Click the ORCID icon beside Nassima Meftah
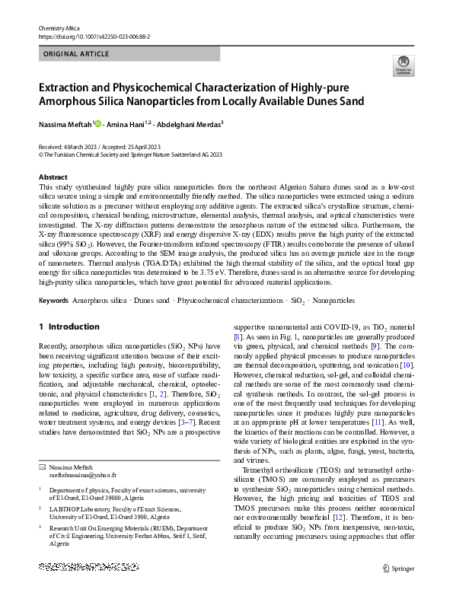[97, 123]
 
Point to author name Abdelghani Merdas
[190, 123]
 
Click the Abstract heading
[53, 177]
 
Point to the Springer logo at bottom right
[400, 567]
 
